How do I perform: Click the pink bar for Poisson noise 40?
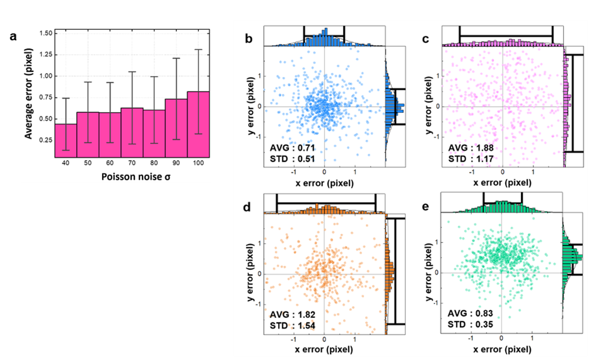click(x=65, y=141)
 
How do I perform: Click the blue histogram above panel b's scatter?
click(x=324, y=39)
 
